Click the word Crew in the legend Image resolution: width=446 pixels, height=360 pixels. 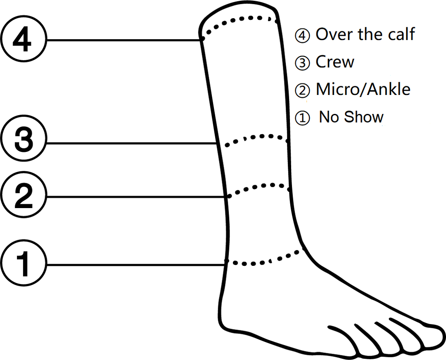[335, 62]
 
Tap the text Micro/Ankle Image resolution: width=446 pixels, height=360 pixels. [363, 90]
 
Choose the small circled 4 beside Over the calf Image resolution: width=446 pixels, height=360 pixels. [302, 36]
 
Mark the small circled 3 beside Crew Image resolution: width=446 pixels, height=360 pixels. [302, 63]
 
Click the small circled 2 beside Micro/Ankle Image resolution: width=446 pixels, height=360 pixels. [302, 90]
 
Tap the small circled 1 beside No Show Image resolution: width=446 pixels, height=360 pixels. [302, 118]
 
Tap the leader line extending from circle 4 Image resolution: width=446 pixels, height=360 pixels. [124, 40]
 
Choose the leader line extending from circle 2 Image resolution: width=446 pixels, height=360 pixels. [136, 197]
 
